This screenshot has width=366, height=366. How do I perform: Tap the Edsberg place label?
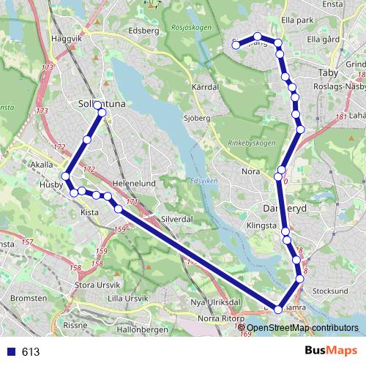point(143,31)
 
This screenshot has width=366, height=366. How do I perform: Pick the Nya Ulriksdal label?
point(216,302)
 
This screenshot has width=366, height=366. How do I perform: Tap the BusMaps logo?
point(330,351)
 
